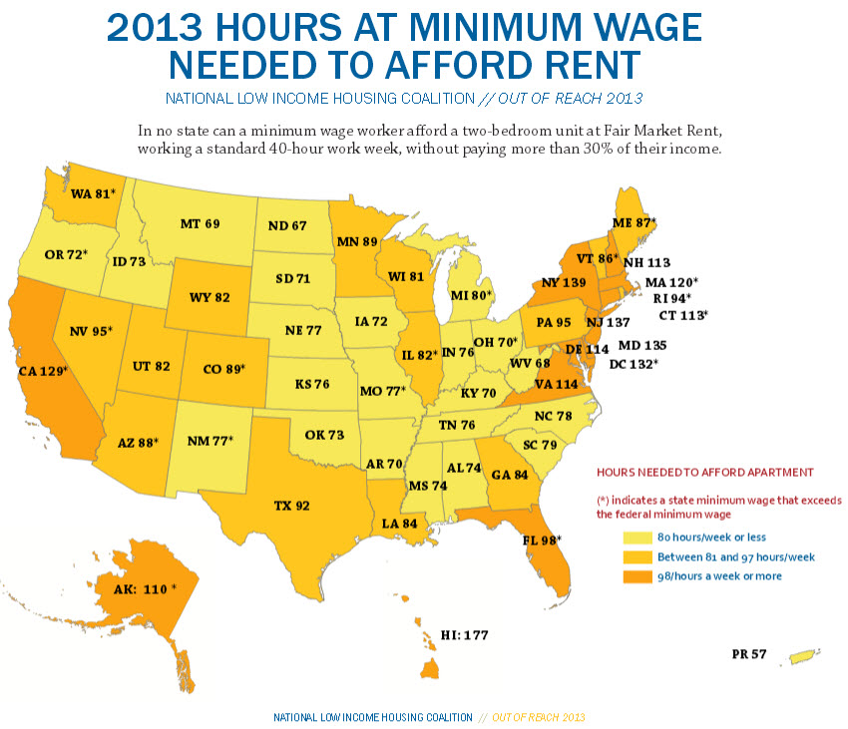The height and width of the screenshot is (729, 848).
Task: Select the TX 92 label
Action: pyautogui.click(x=291, y=506)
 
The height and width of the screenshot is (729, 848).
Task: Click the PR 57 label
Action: pyautogui.click(x=748, y=654)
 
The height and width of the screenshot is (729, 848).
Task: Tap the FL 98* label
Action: pyautogui.click(x=541, y=540)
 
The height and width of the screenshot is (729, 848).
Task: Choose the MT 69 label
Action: pyautogui.click(x=200, y=224)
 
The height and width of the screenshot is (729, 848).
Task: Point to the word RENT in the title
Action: pyautogui.click(x=579, y=65)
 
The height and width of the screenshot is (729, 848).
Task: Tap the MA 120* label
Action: pyautogui.click(x=671, y=282)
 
